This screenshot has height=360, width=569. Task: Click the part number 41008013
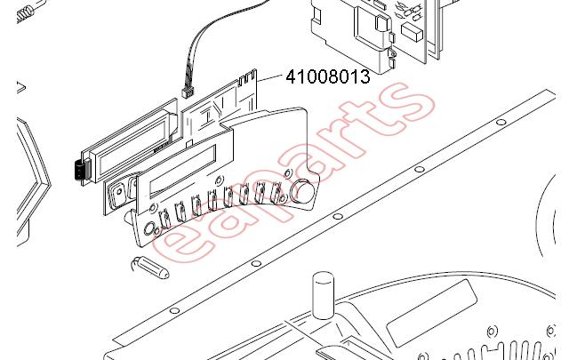point(328,76)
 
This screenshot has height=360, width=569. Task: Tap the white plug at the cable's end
point(188,93)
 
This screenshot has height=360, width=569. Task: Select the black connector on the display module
point(79,170)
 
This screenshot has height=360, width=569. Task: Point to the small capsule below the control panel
point(150,267)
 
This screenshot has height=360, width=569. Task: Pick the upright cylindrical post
point(323,295)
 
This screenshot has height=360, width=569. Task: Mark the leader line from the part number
point(269,76)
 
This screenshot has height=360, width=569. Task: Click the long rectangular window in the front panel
point(183,171)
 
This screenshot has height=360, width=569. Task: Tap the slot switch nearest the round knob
point(276,192)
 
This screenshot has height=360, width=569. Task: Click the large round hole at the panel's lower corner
point(148,229)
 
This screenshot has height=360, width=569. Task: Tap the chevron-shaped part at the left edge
point(34,180)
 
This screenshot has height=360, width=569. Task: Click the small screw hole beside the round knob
point(287,173)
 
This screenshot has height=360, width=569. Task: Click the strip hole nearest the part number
point(501,122)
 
